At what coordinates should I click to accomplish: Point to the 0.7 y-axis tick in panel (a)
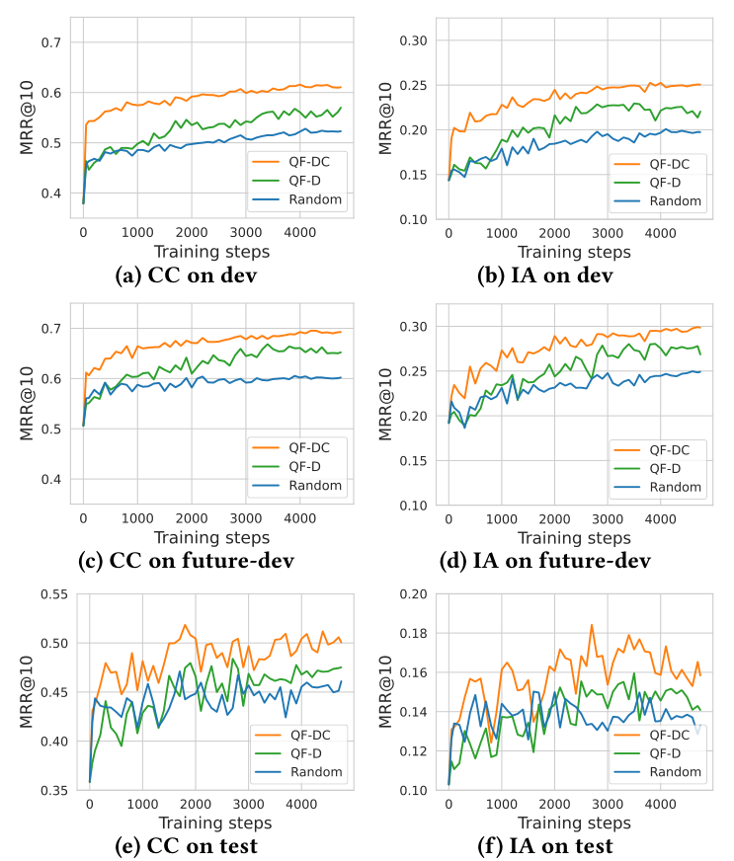pyautogui.click(x=50, y=42)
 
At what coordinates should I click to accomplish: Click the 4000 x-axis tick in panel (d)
pyautogui.click(x=661, y=519)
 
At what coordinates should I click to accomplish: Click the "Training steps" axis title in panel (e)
pyautogui.click(x=211, y=822)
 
